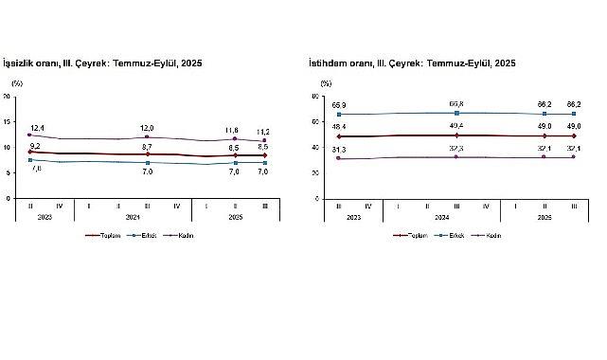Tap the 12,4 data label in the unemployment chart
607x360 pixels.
37,128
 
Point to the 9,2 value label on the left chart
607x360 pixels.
36,145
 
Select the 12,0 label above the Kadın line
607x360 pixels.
147,129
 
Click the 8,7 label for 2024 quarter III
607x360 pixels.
147,147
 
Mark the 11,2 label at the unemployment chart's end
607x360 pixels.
264,132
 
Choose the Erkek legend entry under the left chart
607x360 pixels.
146,235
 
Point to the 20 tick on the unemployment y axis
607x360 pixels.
8,97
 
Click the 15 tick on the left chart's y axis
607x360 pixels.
8,122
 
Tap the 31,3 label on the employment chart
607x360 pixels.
338,151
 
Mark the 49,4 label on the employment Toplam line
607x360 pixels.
456,128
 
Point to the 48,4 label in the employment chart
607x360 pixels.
338,127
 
